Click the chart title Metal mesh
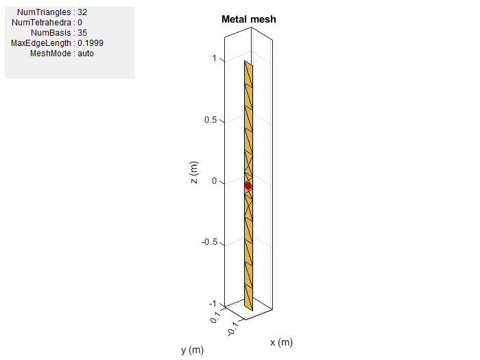click(x=248, y=19)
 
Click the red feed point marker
click(x=248, y=186)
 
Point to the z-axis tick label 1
click(x=215, y=58)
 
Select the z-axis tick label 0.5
click(x=211, y=120)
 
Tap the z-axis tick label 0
click(x=214, y=181)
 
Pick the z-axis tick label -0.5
click(x=209, y=242)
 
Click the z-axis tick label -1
click(x=213, y=303)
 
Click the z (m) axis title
click(x=194, y=172)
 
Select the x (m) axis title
click(x=281, y=342)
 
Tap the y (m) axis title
click(x=192, y=350)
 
